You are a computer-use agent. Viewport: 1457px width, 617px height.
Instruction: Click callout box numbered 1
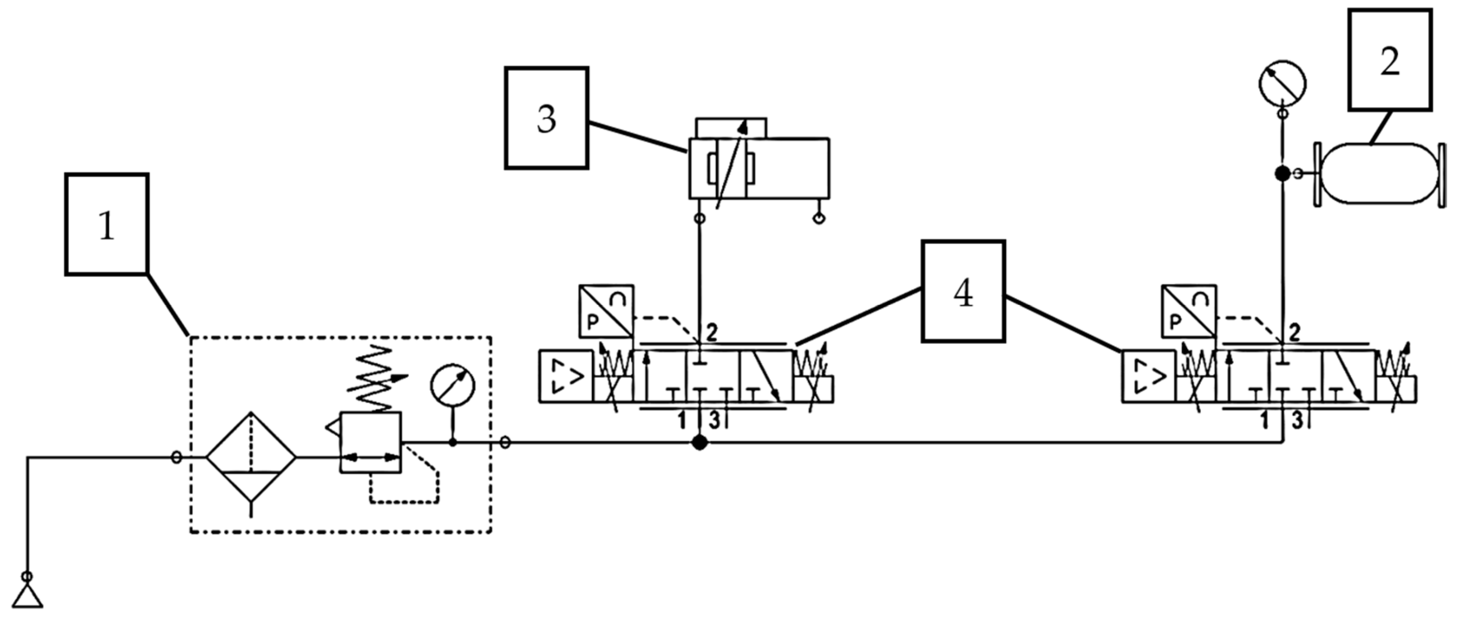(107, 224)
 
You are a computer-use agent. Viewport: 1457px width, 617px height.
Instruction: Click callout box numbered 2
(1390, 60)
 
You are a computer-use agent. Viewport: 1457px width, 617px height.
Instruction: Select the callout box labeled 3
(546, 118)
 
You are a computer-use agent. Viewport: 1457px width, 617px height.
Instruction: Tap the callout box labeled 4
(963, 292)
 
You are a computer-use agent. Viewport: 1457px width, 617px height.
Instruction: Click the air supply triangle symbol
(27, 596)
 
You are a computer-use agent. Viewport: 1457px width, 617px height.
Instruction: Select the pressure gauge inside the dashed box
(452, 386)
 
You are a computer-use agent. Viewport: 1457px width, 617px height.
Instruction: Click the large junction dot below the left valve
(700, 443)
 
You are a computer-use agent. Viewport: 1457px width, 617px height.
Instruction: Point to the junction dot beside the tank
(1282, 174)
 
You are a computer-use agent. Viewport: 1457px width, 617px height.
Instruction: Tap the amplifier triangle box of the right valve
(1149, 377)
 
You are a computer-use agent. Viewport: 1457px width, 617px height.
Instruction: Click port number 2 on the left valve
(711, 332)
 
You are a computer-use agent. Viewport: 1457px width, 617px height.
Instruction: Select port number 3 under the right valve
(1297, 421)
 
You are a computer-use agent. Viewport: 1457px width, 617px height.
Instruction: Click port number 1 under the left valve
(682, 421)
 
